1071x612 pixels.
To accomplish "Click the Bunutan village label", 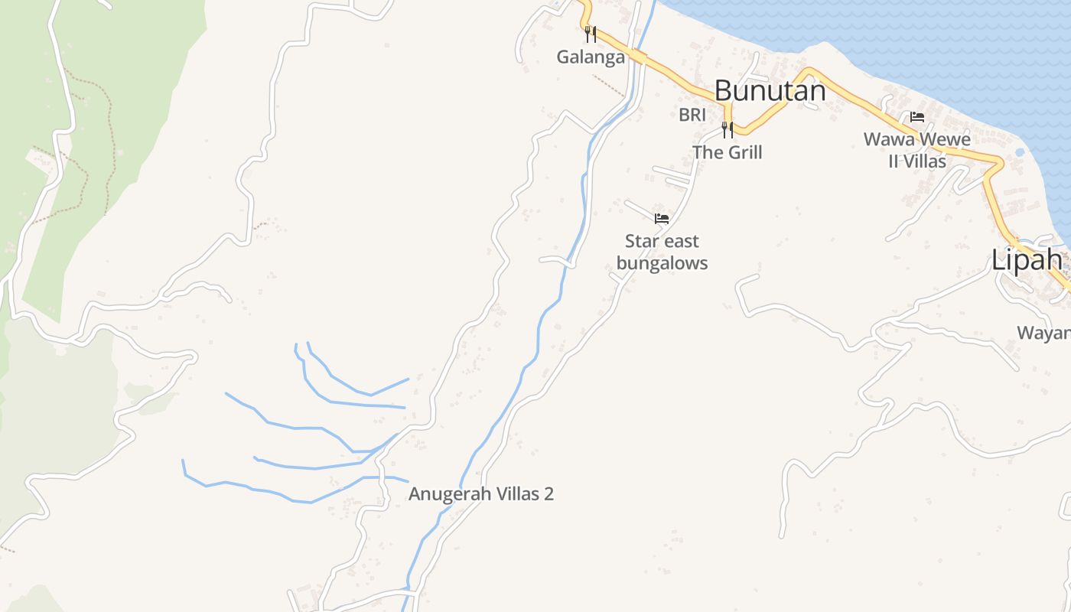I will [770, 91].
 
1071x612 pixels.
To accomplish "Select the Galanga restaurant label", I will [591, 57].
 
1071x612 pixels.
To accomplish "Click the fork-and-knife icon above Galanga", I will [590, 34].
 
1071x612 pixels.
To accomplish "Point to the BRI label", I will [692, 115].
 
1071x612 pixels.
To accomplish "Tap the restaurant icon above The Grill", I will [727, 130].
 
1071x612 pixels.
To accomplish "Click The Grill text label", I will [728, 152].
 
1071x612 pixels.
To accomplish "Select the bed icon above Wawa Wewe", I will [917, 117].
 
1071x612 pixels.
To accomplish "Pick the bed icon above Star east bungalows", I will [662, 219].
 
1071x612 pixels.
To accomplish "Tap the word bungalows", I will [662, 263].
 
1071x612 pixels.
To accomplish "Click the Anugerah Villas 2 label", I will [481, 494].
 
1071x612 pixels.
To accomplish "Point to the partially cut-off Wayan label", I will [1043, 333].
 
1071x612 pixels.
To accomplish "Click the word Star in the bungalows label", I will [641, 242].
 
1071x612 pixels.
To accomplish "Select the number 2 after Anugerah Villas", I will [549, 494].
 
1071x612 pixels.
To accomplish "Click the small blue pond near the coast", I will [1019, 152].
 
